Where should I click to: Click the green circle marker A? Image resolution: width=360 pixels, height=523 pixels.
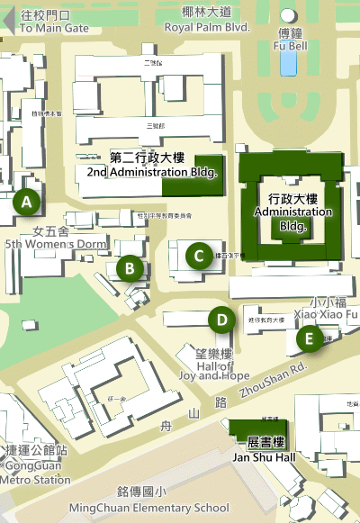(27, 203)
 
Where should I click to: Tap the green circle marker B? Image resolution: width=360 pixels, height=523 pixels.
(130, 267)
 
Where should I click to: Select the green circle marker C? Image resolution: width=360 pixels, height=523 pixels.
(198, 256)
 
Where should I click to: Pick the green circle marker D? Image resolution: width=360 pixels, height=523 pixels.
(220, 319)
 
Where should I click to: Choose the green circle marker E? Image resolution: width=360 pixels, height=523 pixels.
(310, 338)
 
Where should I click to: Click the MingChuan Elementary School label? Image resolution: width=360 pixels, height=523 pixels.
(148, 507)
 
